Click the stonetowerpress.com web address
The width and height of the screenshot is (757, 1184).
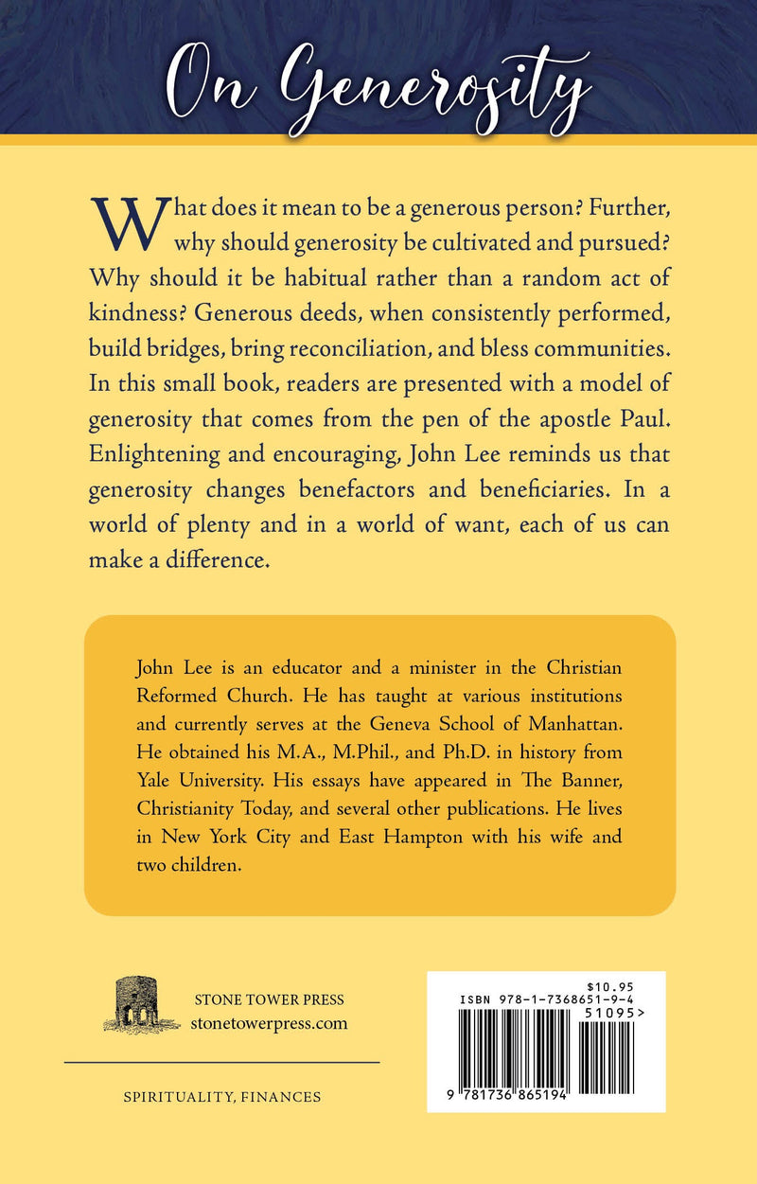coord(269,1022)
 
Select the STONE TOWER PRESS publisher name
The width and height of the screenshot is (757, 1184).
coord(268,999)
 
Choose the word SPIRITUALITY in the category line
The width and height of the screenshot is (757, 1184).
coord(171,1098)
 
